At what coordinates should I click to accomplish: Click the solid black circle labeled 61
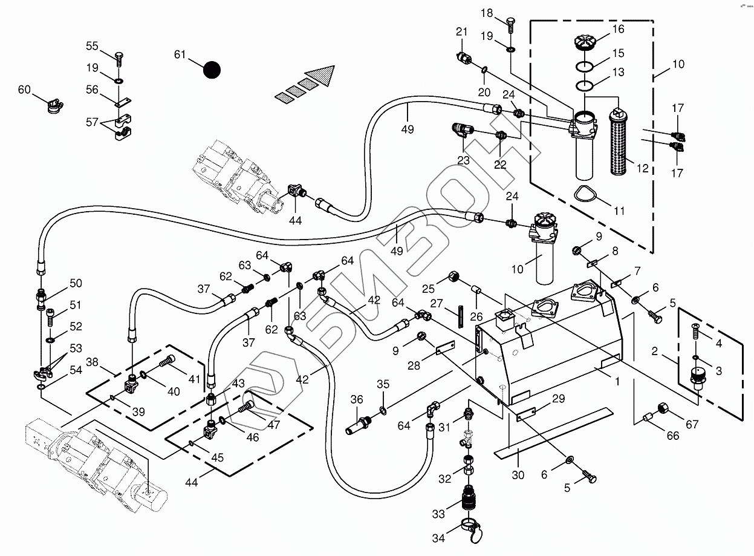212,70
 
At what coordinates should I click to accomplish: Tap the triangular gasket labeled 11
585,195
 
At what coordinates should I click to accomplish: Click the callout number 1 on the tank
617,382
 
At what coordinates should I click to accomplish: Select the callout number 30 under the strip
518,476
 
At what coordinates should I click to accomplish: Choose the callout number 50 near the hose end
76,283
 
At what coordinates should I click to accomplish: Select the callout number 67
692,425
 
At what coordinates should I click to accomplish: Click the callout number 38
92,362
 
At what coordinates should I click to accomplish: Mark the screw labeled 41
166,364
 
